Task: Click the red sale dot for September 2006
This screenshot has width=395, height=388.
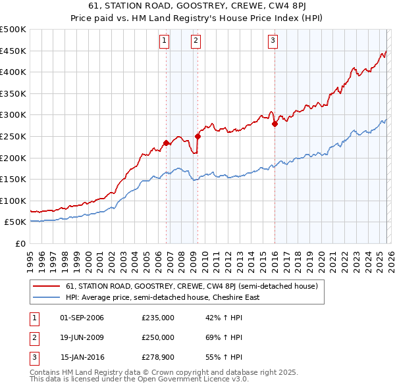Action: click(x=166, y=143)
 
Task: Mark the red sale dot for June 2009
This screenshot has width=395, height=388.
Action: click(x=197, y=137)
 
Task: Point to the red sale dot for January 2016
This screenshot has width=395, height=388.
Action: click(x=275, y=124)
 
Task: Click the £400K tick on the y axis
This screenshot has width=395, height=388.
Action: click(x=13, y=72)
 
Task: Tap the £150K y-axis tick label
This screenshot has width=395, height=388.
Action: click(x=13, y=179)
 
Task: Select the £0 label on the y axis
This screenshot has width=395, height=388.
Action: click(x=20, y=243)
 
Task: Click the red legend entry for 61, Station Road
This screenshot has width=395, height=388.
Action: click(x=192, y=286)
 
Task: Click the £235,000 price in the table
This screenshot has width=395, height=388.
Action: click(x=158, y=318)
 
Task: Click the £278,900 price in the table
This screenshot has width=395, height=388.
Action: click(x=158, y=357)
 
